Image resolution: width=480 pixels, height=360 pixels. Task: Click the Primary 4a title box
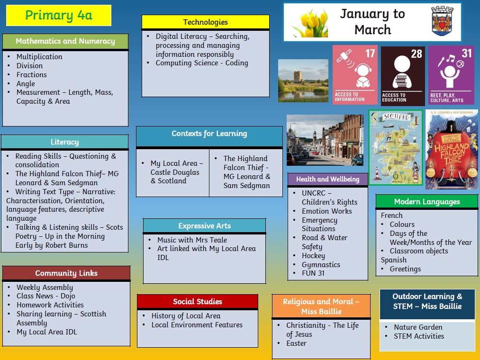point(58,15)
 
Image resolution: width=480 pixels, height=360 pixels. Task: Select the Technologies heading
point(205,22)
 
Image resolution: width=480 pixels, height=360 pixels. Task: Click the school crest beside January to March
point(442,21)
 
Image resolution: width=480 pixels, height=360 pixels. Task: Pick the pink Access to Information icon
point(355,75)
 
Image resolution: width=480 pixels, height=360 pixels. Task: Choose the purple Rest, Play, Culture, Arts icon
point(452,75)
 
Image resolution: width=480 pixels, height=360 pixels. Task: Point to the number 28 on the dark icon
point(417,54)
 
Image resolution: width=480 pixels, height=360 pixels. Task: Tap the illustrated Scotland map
point(396,147)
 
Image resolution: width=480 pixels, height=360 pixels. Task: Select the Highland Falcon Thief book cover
point(452,149)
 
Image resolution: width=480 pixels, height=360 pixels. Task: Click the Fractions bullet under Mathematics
point(32,75)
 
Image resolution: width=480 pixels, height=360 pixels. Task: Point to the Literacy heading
point(64,142)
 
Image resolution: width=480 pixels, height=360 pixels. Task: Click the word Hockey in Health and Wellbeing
point(314,256)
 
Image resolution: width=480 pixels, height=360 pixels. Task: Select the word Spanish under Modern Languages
point(394,260)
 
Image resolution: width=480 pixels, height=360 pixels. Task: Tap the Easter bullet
point(296,343)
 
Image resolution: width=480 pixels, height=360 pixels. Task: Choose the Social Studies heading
point(198,302)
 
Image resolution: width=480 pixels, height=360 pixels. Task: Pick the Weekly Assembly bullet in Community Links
point(45,288)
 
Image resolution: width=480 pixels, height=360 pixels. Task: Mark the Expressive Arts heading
point(205,226)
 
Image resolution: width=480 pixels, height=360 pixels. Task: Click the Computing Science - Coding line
point(202,63)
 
